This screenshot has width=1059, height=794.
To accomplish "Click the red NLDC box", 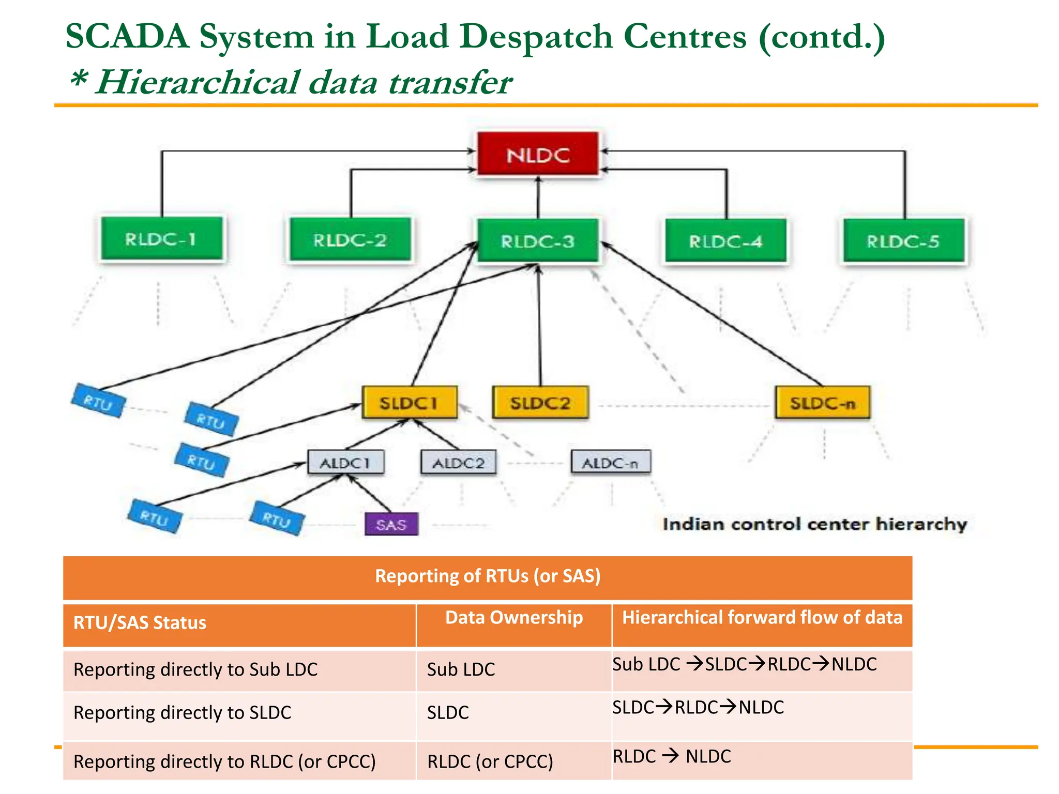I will click(538, 155).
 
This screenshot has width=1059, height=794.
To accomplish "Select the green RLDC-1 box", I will click(162, 239).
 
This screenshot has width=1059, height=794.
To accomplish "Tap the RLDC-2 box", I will click(350, 240).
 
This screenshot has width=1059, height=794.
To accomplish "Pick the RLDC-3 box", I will click(538, 241).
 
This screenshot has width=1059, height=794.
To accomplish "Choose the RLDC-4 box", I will click(725, 241).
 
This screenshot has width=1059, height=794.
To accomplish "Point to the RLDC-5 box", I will click(903, 241).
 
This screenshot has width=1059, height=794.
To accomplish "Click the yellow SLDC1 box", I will click(410, 403).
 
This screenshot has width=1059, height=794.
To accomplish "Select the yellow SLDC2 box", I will click(540, 403).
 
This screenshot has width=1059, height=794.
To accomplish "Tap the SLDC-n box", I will click(823, 403).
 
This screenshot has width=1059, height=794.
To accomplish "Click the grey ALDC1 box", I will click(346, 463).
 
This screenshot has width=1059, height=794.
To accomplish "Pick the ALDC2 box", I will click(459, 463).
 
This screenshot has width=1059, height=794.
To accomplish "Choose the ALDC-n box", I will click(611, 463).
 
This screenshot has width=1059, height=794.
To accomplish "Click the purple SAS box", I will click(391, 525).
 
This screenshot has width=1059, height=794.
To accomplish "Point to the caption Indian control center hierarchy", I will click(814, 524).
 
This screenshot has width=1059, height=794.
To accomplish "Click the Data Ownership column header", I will click(514, 618).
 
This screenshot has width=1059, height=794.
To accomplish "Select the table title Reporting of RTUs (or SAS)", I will click(488, 576).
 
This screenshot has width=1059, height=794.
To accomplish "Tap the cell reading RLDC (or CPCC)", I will click(490, 761).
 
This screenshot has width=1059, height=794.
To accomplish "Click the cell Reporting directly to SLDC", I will click(183, 713).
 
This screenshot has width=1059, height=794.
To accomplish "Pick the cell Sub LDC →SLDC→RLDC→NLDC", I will click(745, 664).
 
